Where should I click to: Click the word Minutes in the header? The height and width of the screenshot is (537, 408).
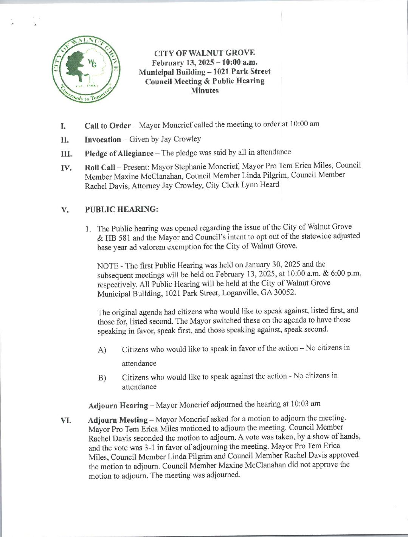click(205, 91)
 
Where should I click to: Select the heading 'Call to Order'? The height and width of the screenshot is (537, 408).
click(108, 126)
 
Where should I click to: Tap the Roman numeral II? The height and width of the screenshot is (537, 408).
click(64, 140)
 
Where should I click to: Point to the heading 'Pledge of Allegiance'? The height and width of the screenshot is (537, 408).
click(119, 153)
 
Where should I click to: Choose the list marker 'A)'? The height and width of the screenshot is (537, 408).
click(102, 350)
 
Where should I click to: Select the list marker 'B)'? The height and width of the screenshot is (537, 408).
click(102, 377)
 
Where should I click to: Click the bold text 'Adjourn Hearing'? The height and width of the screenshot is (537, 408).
click(118, 406)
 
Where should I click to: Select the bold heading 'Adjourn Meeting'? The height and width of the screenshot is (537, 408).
click(118, 420)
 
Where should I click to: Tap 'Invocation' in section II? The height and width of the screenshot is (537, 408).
click(102, 140)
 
